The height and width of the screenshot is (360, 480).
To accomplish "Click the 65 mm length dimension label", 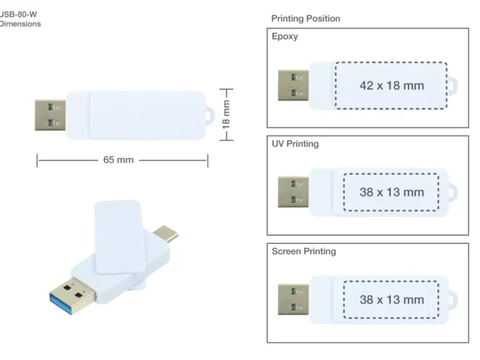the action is (118, 160).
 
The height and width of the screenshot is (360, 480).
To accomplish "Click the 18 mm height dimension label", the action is (226, 115).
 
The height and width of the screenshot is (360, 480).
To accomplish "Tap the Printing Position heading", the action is (305, 18).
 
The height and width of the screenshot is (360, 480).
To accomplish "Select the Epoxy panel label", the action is (285, 37).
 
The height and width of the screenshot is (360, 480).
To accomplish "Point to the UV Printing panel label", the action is (295, 143).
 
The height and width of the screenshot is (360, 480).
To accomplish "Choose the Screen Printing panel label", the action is (304, 251).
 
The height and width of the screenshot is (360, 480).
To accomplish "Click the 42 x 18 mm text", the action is (391, 85).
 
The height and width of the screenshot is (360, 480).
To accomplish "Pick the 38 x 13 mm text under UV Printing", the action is (391, 192).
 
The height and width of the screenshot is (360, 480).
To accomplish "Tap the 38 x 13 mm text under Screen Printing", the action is (391, 300).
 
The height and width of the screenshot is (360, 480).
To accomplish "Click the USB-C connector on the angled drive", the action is (166, 233).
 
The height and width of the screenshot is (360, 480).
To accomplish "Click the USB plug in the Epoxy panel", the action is (293, 85).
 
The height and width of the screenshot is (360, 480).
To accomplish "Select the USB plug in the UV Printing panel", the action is (293, 192).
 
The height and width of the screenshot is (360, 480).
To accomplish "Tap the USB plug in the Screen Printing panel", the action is (293, 300).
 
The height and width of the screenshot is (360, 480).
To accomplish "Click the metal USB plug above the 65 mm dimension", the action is (50, 115).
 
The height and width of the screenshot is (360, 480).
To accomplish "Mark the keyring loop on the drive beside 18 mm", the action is (210, 115).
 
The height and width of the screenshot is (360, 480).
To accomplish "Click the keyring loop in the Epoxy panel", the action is (453, 86).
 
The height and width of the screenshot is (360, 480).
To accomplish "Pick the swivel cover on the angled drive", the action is (120, 237).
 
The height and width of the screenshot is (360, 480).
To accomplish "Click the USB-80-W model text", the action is (18, 14).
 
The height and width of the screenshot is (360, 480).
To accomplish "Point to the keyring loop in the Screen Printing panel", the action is (453, 300).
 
